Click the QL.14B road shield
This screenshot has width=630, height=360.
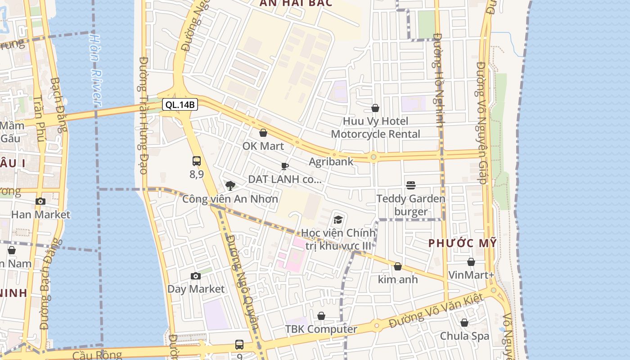[180, 105]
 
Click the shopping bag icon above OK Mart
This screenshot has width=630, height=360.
[263, 133]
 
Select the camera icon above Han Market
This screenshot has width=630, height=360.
[40, 201]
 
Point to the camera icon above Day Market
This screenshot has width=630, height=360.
[195, 276]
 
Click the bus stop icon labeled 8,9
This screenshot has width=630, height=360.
[197, 161]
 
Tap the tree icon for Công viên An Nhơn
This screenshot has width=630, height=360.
[230, 185]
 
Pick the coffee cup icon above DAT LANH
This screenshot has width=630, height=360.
[285, 166]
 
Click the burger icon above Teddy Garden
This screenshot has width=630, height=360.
[410, 185]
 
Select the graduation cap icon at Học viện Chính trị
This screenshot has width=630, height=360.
[338, 219]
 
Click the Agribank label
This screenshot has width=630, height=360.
[331, 162]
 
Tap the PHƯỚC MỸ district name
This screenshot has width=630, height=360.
[462, 243]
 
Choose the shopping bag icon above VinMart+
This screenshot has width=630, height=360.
[471, 262]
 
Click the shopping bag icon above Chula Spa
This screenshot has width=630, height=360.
[464, 323]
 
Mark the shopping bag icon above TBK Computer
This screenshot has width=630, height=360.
[321, 316]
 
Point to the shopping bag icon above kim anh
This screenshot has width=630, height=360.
[398, 266]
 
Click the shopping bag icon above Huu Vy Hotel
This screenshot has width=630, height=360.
[375, 108]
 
